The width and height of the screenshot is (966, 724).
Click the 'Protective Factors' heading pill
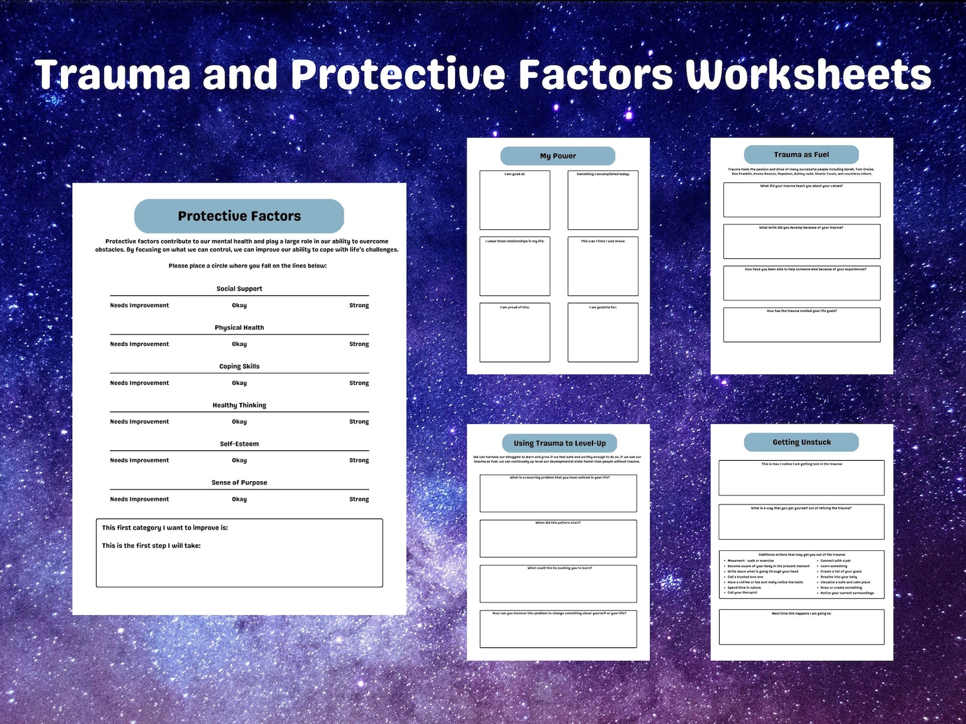(x=239, y=216)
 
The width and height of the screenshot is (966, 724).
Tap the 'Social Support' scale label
(x=239, y=289)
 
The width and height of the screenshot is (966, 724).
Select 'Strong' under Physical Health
(x=359, y=344)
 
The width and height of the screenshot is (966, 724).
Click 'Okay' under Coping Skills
(x=239, y=383)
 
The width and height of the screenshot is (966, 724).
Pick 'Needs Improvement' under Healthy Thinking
(x=139, y=422)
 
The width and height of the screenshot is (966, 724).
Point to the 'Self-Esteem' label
(x=239, y=444)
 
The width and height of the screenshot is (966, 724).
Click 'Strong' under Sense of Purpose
(x=359, y=499)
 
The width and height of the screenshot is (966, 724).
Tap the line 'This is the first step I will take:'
(x=151, y=546)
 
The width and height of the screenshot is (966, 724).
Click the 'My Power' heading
(x=558, y=156)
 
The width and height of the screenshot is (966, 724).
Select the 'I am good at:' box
(x=515, y=200)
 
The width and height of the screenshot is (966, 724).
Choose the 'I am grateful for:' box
(x=603, y=333)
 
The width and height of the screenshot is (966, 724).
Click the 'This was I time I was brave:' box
(x=603, y=266)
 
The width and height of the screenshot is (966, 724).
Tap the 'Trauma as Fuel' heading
(x=801, y=154)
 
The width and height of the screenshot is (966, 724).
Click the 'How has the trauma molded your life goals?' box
(x=801, y=325)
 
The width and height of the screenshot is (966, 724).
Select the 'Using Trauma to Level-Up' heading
(x=560, y=443)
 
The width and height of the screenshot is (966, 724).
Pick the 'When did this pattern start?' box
(x=558, y=539)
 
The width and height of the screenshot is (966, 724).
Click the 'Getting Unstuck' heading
(x=801, y=442)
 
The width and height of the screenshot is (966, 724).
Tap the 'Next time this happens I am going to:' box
(x=801, y=627)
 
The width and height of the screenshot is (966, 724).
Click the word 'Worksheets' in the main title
(x=808, y=75)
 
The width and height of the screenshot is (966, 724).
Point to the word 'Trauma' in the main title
(x=113, y=75)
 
